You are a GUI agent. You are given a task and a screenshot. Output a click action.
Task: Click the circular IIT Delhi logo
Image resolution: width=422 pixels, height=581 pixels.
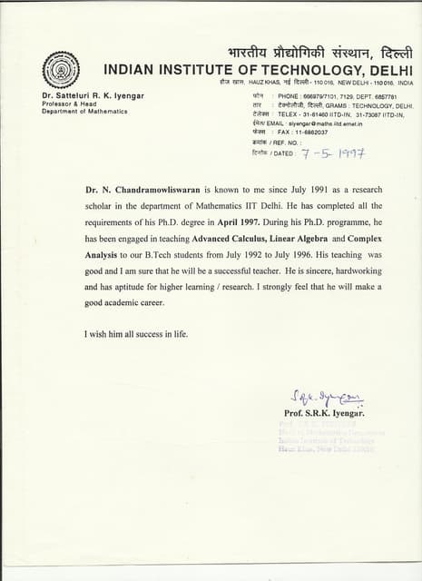(61, 69)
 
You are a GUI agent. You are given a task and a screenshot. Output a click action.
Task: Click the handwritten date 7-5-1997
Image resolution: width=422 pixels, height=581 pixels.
(333, 154)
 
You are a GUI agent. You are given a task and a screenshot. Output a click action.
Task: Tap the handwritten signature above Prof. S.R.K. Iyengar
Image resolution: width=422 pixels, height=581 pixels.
(325, 396)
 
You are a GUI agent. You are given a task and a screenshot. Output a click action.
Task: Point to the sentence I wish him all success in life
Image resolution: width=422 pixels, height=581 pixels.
(136, 334)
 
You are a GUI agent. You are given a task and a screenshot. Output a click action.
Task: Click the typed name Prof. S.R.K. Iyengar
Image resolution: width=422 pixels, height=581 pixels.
(323, 413)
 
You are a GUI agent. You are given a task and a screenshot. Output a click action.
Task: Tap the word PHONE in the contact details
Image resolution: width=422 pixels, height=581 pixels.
(289, 95)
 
